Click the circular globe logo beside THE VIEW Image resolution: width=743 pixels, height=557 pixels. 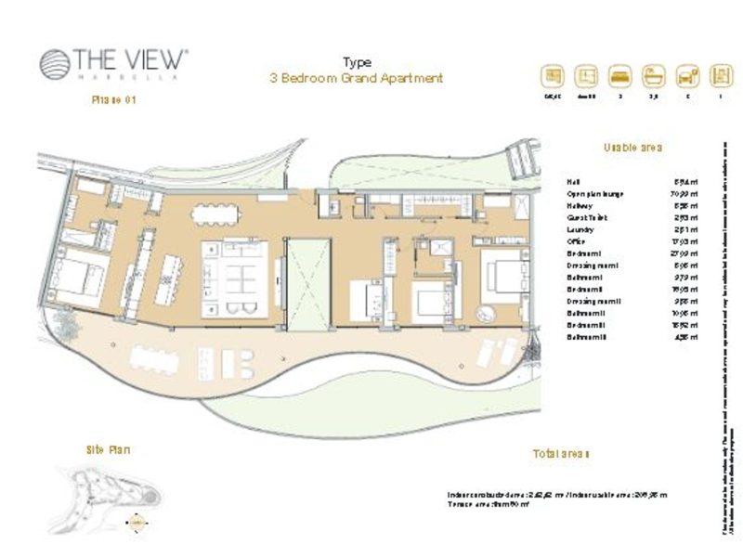[53, 62]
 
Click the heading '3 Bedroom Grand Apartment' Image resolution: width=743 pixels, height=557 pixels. [356, 78]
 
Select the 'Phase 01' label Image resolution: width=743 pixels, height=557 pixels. [113, 100]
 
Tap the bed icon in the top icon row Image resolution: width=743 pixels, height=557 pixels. [618, 75]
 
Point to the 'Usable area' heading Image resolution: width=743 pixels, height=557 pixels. [632, 148]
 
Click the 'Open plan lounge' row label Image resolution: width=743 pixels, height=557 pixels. [594, 194]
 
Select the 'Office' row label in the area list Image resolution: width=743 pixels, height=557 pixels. [577, 241]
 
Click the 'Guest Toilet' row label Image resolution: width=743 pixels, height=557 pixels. [585, 218]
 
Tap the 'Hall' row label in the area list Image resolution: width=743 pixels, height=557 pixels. [573, 182]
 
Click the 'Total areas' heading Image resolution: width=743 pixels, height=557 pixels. [561, 454]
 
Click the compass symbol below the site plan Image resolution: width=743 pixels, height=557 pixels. [135, 522]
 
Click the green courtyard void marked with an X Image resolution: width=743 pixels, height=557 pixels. [306, 282]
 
